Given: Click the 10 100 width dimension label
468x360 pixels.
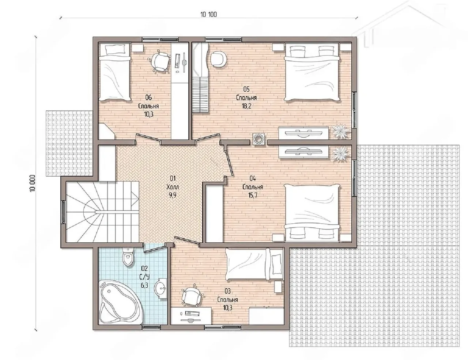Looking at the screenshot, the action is point(208,14).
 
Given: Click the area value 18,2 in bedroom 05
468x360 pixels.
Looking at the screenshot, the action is point(246,106).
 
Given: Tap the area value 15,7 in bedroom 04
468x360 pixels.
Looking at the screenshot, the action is point(253,196).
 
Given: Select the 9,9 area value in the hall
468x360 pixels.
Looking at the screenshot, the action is point(173,196).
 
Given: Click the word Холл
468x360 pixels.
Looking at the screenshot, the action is point(173,187).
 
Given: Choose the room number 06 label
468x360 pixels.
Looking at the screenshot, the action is point(148,98).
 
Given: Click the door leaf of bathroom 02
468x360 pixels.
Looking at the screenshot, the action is point(154,249).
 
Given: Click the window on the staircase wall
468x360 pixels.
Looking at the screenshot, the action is point(63,212).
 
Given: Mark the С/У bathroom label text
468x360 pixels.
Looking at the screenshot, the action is point(145,277).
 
